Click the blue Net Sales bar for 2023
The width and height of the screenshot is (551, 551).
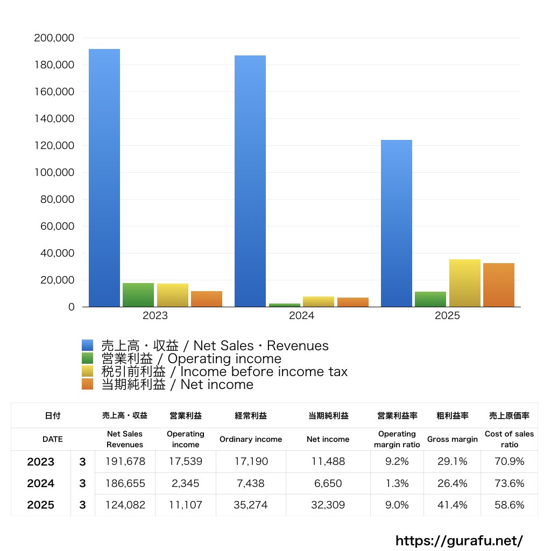click(104, 178)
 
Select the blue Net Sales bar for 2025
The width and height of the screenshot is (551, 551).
click(397, 223)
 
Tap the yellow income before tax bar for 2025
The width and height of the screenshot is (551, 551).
click(465, 283)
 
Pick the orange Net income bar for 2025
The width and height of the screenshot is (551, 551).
click(499, 285)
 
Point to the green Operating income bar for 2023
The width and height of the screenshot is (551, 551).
click(138, 295)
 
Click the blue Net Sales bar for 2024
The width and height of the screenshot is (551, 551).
click(250, 181)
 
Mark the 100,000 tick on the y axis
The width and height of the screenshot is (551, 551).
click(54, 173)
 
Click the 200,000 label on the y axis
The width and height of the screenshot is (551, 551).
click(54, 38)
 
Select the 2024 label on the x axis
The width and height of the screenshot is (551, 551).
click(301, 316)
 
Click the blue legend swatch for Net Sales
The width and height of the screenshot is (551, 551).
click(88, 345)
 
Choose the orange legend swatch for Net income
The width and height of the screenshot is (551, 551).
click(88, 384)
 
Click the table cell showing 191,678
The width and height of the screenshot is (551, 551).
click(125, 462)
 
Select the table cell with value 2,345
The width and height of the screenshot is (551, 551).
click(185, 483)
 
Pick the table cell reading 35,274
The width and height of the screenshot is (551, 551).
click(251, 505)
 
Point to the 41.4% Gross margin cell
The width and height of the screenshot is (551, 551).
click(452, 505)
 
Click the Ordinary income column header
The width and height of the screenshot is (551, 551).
click(251, 439)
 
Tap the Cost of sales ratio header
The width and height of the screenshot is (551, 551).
click(509, 439)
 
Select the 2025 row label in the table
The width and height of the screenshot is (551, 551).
click(41, 505)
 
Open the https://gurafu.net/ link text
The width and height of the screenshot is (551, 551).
click(459, 540)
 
